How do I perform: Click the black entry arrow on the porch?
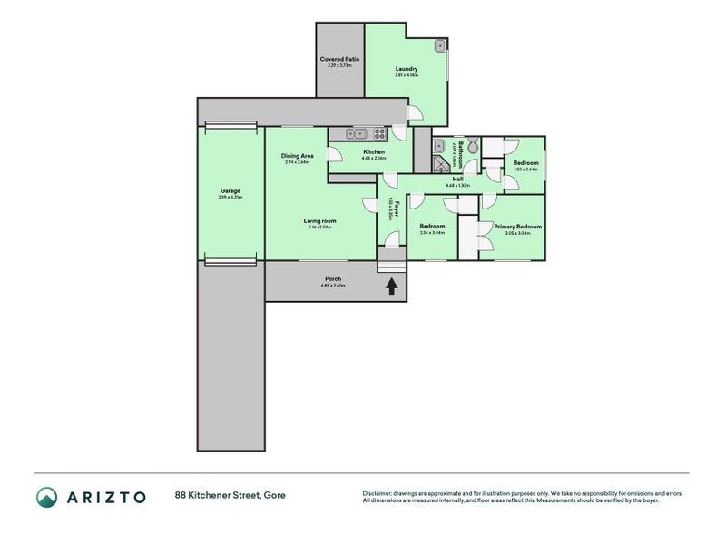pyautogui.click(x=391, y=287)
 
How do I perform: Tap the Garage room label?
pyautogui.click(x=230, y=191)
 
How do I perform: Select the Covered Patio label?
pyautogui.click(x=339, y=59)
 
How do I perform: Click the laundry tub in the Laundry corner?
pyautogui.click(x=439, y=44)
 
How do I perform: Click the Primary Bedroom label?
pyautogui.click(x=517, y=227)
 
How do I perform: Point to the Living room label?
pyautogui.click(x=319, y=220)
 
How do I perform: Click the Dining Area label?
pyautogui.click(x=297, y=156)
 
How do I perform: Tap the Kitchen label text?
pyautogui.click(x=373, y=151)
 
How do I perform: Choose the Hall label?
pyautogui.click(x=457, y=179)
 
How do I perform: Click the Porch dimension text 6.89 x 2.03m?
pyautogui.click(x=333, y=286)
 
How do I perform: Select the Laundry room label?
pyautogui.click(x=406, y=68)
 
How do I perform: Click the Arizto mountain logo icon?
pyautogui.click(x=46, y=497)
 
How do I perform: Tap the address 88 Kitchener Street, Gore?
pyautogui.click(x=230, y=496)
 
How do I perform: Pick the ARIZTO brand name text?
pyautogui.click(x=104, y=497)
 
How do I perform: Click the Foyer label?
pyautogui.click(x=396, y=207)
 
